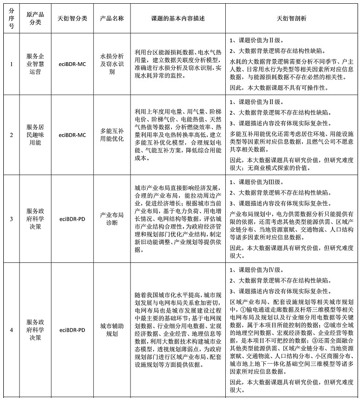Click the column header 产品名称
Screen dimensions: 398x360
pyautogui.click(x=111, y=18)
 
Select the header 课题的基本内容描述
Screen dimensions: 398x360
pyautogui.click(x=178, y=18)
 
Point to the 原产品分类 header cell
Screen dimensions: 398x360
pyautogui.click(x=35, y=18)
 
